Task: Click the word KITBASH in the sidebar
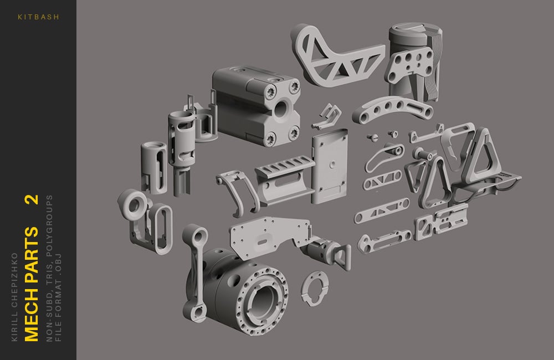point(38,17)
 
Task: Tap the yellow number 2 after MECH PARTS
point(33,200)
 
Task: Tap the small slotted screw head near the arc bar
point(373,135)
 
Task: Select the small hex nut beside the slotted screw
point(394,132)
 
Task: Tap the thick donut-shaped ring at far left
point(133,205)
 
